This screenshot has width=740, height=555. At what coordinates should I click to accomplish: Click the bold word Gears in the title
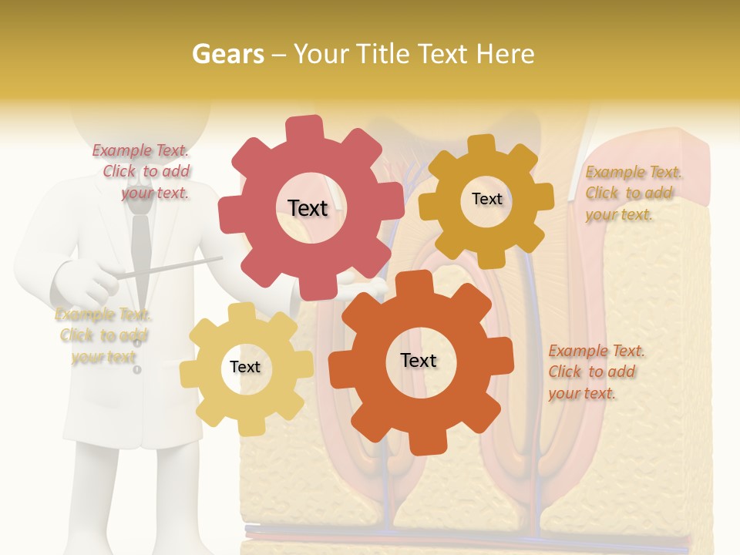pos(227,54)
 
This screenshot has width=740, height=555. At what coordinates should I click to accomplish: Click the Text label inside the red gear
pos(308,208)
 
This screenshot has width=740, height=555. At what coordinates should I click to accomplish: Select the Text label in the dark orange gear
pos(419,360)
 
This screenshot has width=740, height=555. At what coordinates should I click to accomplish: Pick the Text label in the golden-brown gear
pos(486,199)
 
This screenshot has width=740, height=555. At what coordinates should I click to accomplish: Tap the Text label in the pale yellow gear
pos(245,367)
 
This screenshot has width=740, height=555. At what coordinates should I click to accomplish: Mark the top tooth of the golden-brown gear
pos(483,145)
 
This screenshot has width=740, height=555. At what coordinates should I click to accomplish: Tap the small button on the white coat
pos(137,370)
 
